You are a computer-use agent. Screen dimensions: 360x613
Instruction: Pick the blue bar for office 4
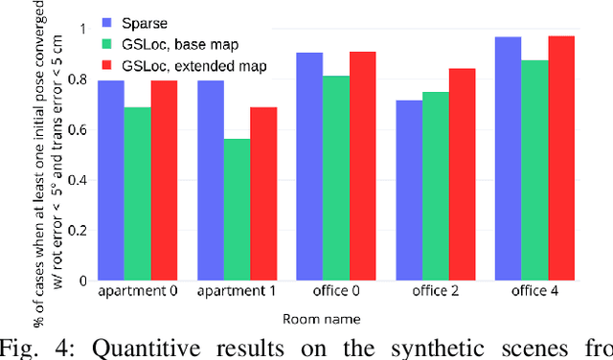[x=508, y=158]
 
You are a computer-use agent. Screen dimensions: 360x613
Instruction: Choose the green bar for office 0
[x=335, y=178]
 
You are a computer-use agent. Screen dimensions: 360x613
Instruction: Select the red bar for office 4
[x=561, y=158]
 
